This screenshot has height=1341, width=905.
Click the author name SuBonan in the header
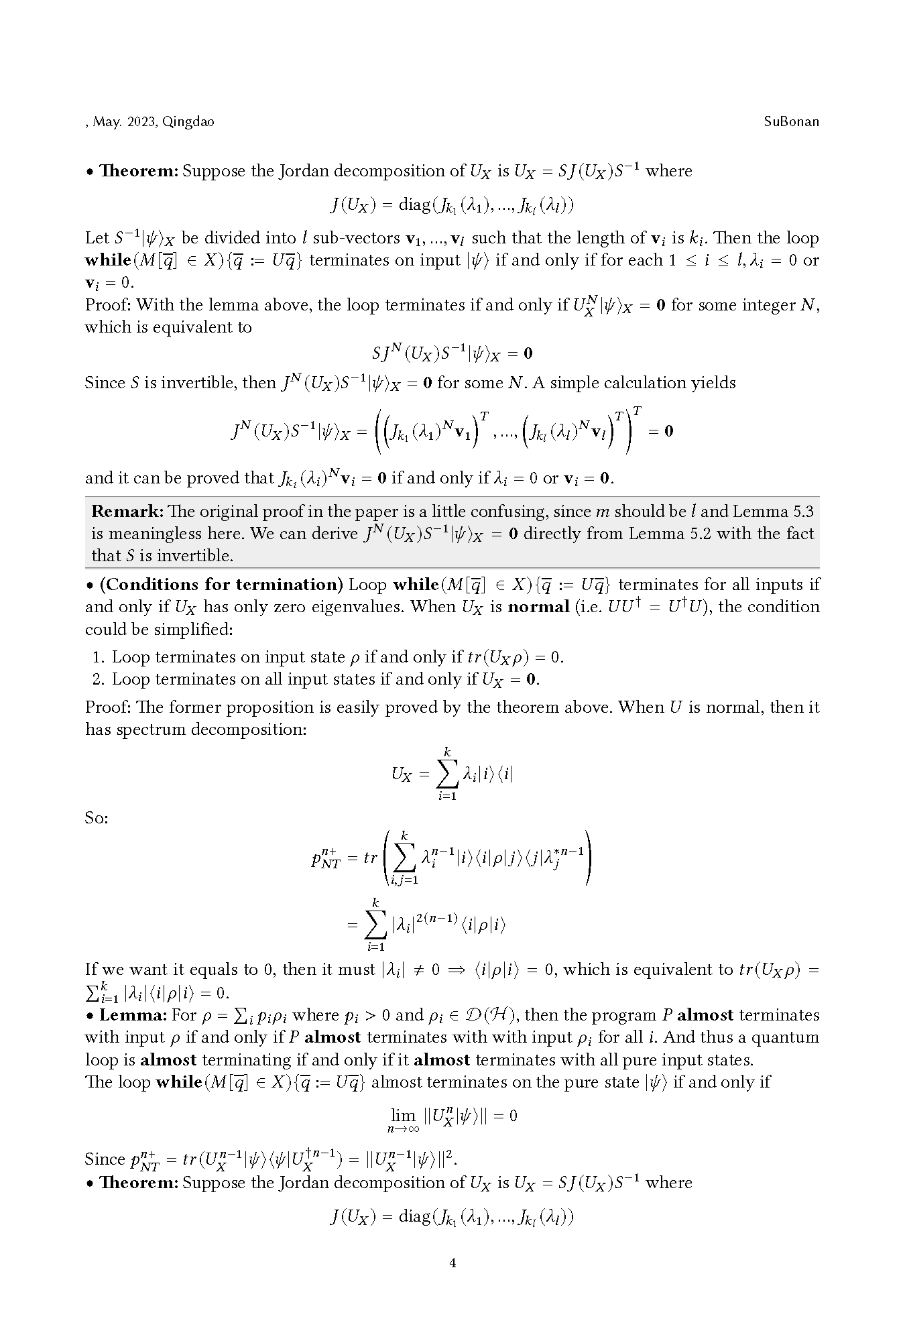coord(791,121)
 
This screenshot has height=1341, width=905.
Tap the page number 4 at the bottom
coord(452,1263)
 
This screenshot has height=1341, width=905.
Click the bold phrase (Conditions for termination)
coord(221,585)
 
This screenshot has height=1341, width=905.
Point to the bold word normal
coord(538,607)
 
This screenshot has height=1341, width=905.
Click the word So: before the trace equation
coord(97,818)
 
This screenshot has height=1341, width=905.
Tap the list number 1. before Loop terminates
coord(98,657)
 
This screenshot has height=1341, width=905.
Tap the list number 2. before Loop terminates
coord(98,679)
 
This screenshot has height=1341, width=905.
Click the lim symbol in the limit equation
coord(403,1115)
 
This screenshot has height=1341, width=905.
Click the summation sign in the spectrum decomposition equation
coord(447,774)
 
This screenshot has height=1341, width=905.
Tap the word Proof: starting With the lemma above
coord(108,305)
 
